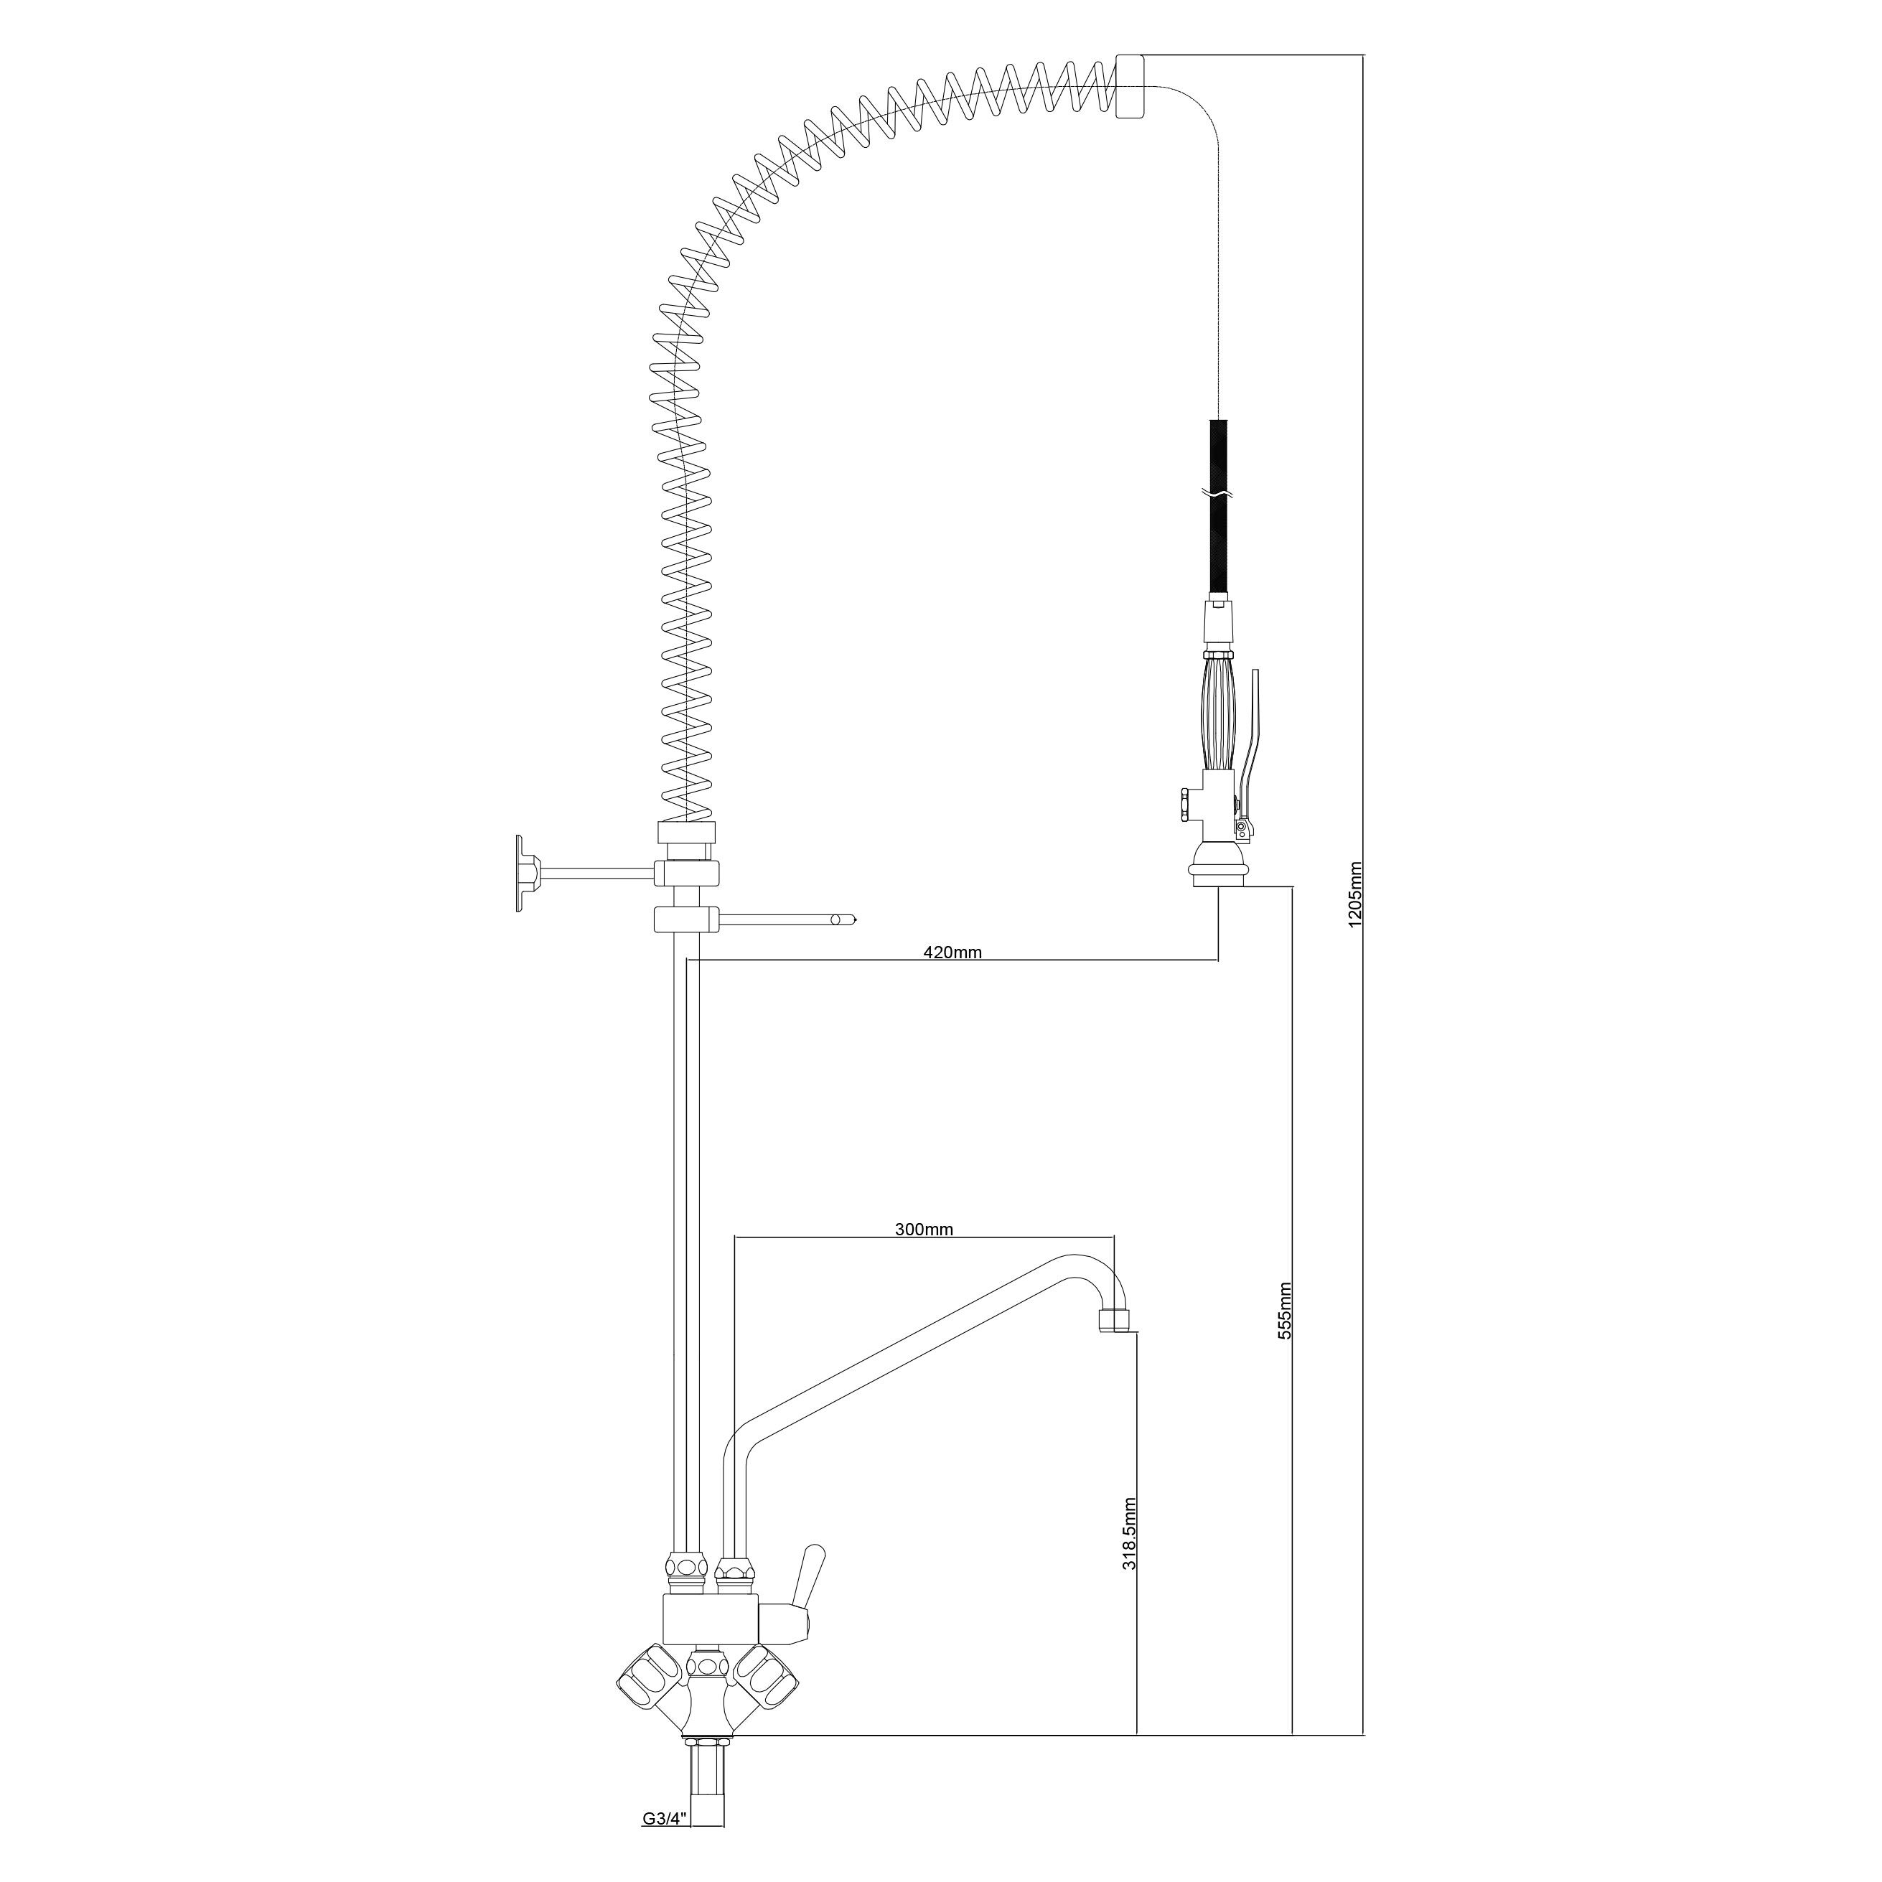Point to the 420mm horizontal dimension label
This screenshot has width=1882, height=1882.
tap(952, 952)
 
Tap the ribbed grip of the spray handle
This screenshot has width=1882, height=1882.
tap(1220, 709)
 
